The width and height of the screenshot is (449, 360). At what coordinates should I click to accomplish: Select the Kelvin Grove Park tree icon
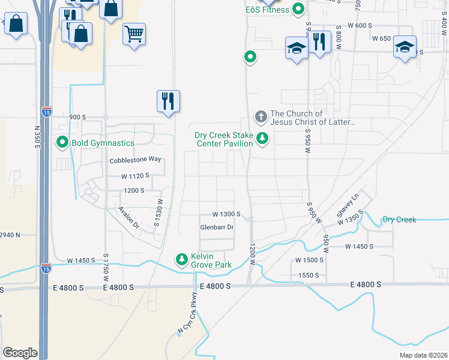coord(181,259)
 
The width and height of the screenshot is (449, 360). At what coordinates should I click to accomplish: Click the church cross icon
coord(261,116)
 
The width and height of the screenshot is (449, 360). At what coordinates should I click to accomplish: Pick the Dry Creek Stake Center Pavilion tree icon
coord(262,139)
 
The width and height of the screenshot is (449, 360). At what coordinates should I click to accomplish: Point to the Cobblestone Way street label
coord(136,160)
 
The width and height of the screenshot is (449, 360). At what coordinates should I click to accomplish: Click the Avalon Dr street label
coord(128,218)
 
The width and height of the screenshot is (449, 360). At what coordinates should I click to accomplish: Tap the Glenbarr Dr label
coord(217,227)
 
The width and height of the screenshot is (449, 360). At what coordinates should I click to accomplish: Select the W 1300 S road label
coord(226,214)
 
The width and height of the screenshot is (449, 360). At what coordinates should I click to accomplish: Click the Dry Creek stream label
coord(399,220)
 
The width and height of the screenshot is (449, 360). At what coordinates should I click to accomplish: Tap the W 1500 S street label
coord(310,260)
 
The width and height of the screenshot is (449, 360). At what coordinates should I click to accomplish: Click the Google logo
coord(20,353)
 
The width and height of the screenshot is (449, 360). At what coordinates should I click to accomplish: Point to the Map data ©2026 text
coord(424,355)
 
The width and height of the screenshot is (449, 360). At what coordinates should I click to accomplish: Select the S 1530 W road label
coord(160,213)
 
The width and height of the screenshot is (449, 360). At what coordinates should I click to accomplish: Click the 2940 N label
coord(10,235)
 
